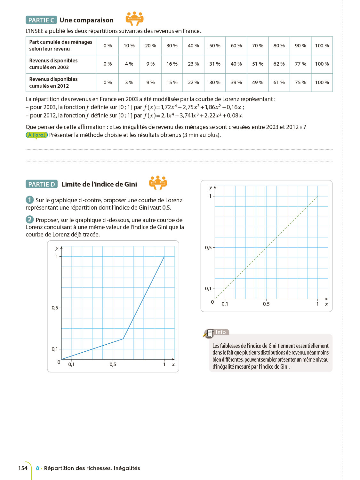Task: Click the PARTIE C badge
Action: tap(41, 20)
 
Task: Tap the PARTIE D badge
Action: tap(42, 184)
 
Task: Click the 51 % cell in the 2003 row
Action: tap(258, 64)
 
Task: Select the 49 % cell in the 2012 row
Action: tap(258, 83)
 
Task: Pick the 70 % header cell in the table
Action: tap(258, 46)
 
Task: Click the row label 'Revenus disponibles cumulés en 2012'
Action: tap(53, 83)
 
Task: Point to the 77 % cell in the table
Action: tap(300, 64)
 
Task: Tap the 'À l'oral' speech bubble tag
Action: tap(37, 135)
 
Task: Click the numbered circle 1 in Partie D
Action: tap(30, 200)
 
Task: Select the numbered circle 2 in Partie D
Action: tap(30, 220)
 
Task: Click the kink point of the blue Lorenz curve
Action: tap(123, 339)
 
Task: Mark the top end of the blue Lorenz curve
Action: tap(164, 257)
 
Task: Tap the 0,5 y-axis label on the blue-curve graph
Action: tap(55, 308)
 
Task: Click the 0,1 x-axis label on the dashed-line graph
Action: tap(225, 304)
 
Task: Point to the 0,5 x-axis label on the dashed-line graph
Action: tap(266, 304)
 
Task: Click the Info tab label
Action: tap(220, 332)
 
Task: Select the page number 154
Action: tap(23, 468)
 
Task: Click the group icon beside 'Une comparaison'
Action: tap(135, 19)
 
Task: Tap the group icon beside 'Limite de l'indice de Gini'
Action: tap(158, 183)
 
